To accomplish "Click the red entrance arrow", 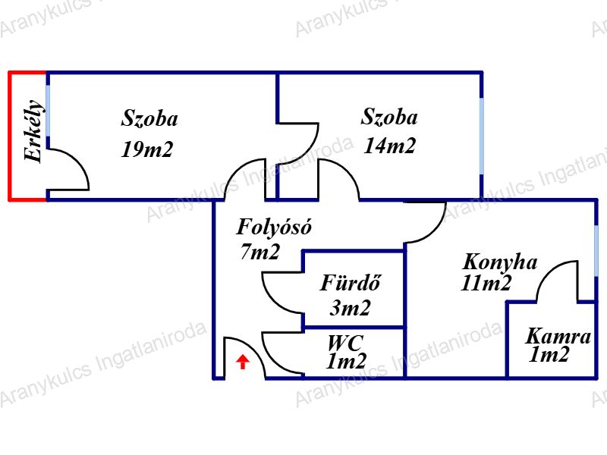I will point(243,362).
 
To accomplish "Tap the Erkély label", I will point(33,131).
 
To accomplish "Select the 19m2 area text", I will point(147,149).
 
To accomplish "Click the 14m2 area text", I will point(390,146).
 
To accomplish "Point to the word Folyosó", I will point(274,227).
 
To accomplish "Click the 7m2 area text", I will point(260,253).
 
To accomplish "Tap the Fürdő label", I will point(350,284).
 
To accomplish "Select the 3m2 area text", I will point(350,308).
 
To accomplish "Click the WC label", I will point(345,342).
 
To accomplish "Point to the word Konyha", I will point(500,262).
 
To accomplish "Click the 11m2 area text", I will point(486,284).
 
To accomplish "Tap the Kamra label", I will point(558,336).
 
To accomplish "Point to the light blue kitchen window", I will point(596,251).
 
